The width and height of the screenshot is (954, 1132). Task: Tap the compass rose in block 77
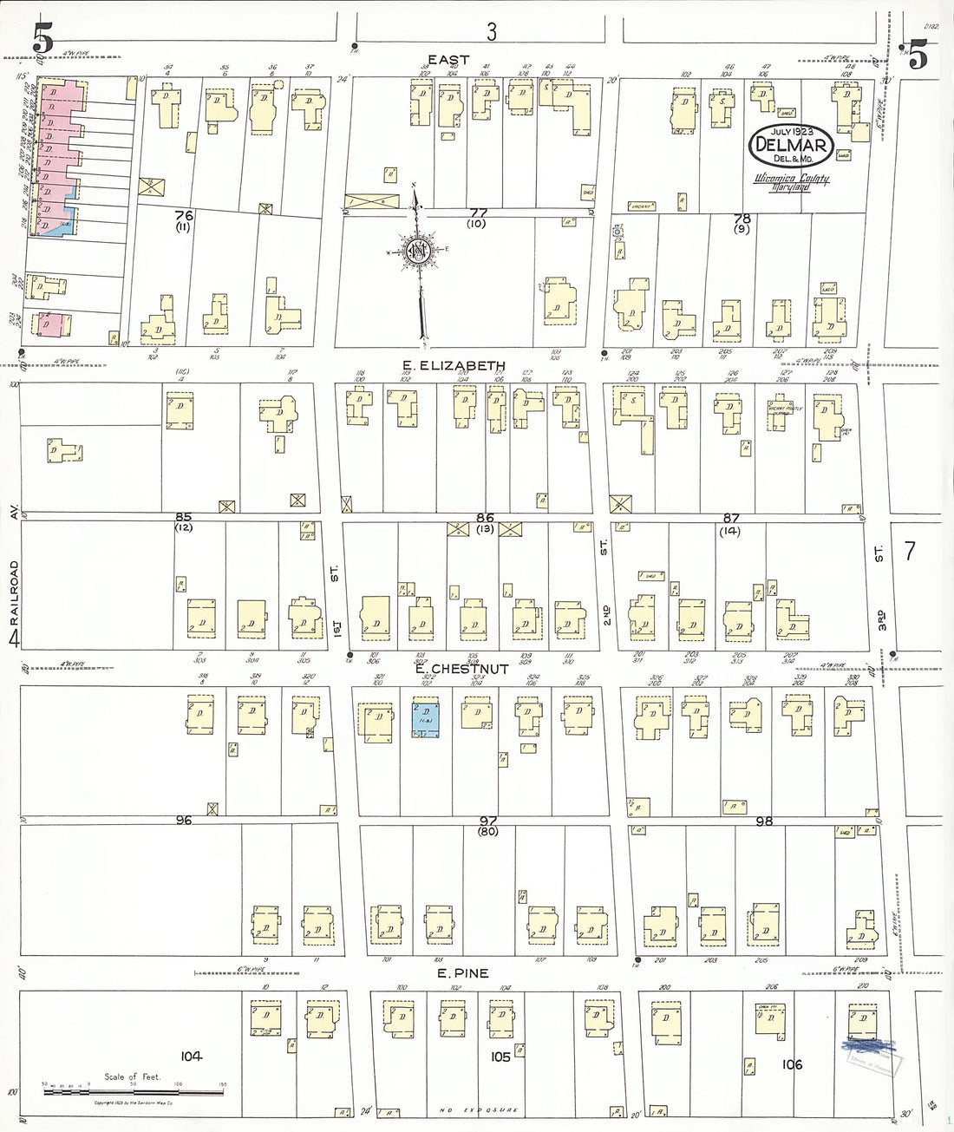pos(418,252)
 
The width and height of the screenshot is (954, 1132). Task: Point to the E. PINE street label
pos(463,973)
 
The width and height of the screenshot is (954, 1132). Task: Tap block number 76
pos(183,215)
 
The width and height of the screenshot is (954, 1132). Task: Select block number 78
pos(742,219)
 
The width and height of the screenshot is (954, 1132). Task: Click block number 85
pos(183,517)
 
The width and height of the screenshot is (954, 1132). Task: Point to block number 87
pos(730,518)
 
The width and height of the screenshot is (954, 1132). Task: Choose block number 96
pos(183,820)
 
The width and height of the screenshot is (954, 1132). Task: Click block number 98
pos(763,821)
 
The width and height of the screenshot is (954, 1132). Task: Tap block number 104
pos(192,1056)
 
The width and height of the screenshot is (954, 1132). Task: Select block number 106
pos(792,1064)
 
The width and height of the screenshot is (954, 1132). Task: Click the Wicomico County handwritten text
pos(790,180)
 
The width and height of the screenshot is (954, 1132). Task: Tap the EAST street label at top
pos(448,60)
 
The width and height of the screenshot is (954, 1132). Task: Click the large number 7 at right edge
pos(909,551)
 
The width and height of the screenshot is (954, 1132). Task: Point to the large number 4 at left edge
pos(14,639)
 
